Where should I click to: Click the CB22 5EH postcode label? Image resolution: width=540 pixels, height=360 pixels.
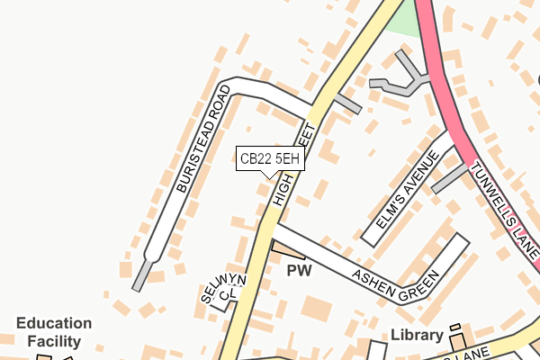(269, 159)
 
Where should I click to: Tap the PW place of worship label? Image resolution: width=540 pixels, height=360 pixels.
(298, 270)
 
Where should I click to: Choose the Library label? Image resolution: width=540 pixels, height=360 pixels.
(417, 336)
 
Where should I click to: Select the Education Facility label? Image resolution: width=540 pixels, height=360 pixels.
(54, 332)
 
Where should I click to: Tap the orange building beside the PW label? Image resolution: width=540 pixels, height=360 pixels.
(288, 249)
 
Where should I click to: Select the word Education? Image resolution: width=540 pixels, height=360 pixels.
(54, 324)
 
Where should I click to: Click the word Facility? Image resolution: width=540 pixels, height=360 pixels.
(54, 341)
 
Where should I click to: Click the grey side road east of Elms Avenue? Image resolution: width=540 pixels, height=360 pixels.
(450, 178)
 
